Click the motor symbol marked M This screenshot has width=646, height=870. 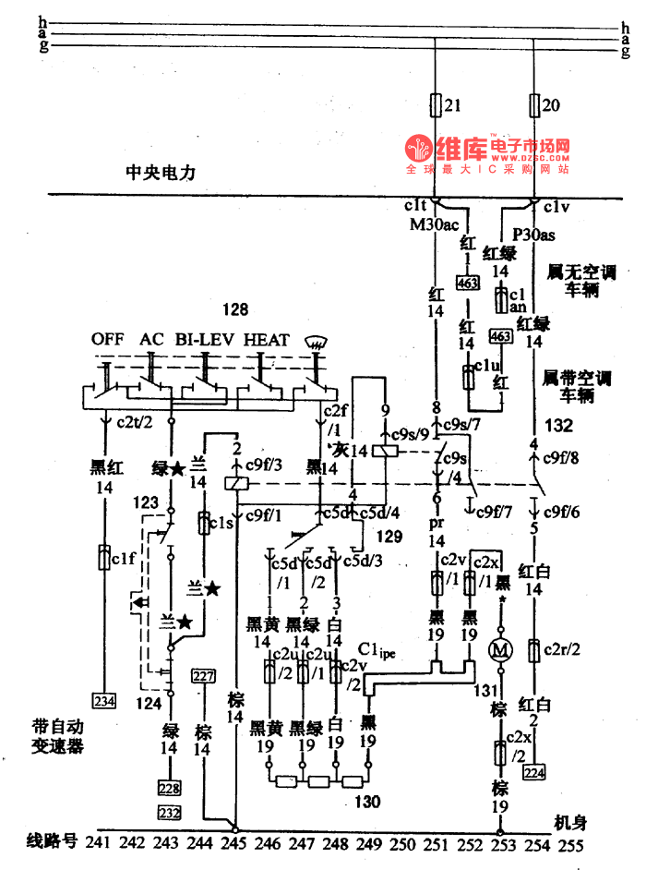[501, 650]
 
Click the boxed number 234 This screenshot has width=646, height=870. [103, 700]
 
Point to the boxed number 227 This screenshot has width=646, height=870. [202, 676]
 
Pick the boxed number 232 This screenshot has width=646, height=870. [169, 812]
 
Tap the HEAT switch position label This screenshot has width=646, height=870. [267, 340]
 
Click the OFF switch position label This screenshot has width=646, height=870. [108, 340]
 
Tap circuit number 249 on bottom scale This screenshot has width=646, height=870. [366, 843]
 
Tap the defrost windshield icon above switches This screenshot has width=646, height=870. [317, 342]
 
